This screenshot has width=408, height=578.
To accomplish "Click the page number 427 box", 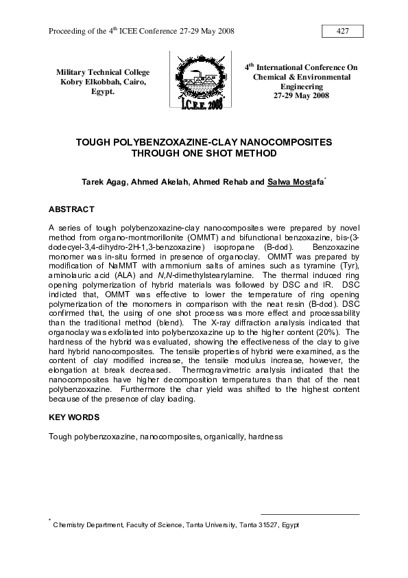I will coord(342,32).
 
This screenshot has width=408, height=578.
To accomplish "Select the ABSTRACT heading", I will coord(71,209).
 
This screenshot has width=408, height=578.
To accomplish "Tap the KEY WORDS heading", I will coord(74,417).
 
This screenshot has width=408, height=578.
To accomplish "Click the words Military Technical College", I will coord(103,72).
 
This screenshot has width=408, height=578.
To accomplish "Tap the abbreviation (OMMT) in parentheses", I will coord(211,235).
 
